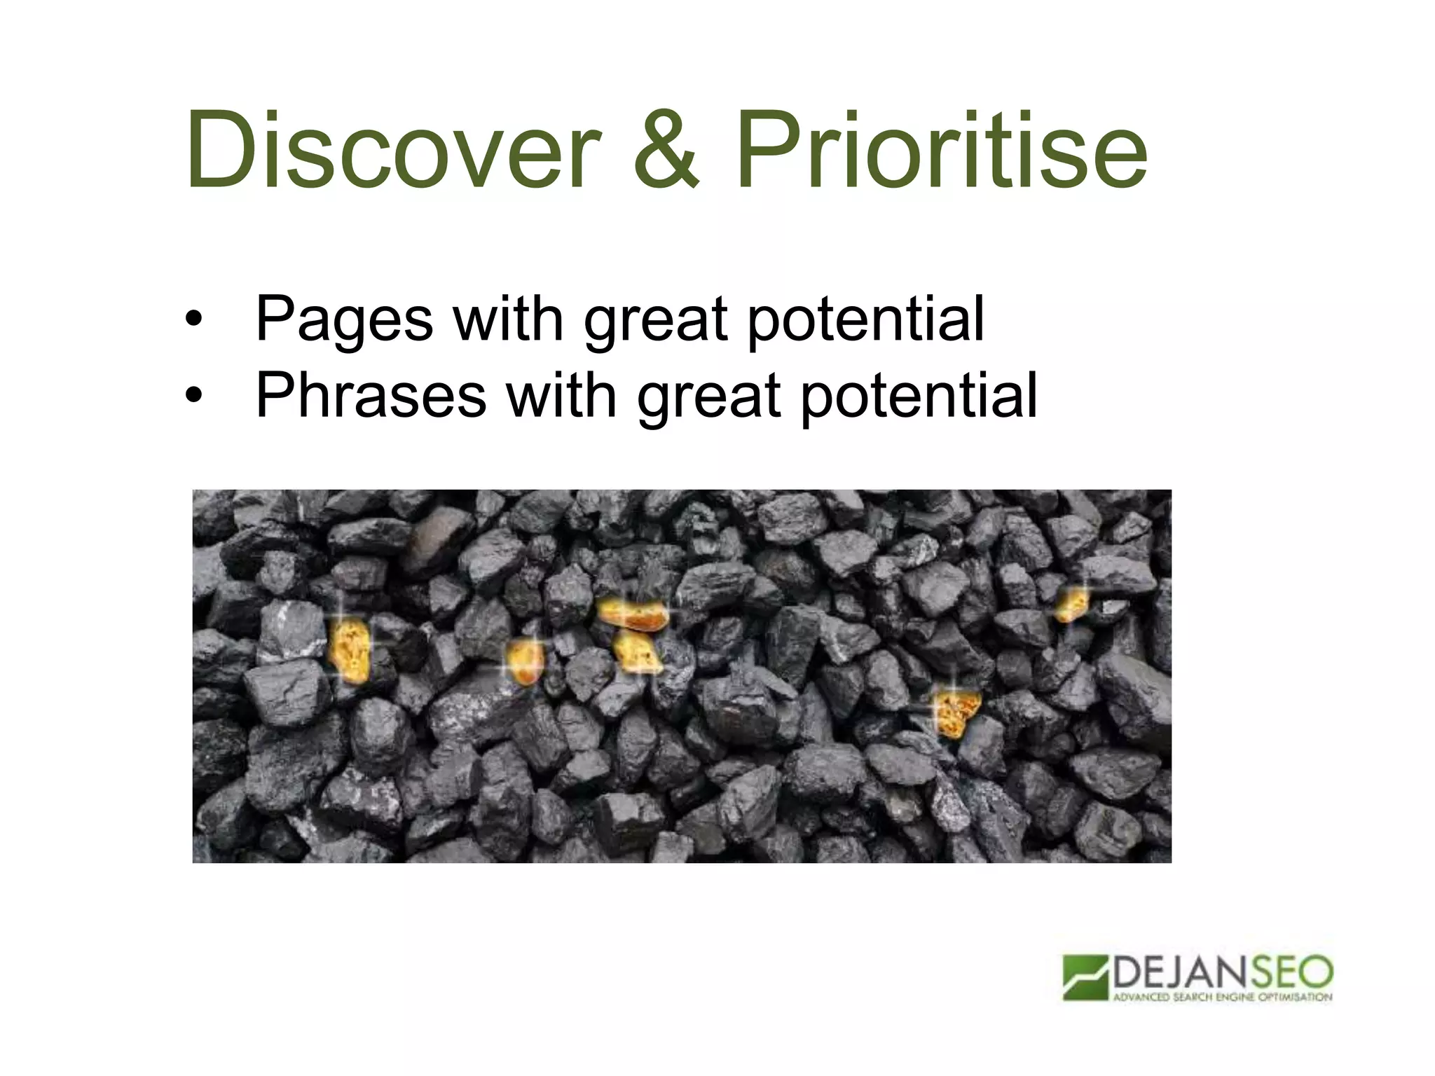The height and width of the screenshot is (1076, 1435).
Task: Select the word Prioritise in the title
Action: (x=941, y=151)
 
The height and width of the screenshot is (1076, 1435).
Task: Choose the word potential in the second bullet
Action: (x=919, y=397)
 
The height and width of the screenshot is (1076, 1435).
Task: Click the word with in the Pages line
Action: (x=508, y=319)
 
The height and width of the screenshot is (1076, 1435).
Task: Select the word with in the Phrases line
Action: (x=561, y=396)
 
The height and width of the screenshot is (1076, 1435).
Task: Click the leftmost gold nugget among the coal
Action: (x=350, y=649)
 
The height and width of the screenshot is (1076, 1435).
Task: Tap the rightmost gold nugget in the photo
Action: (x=1071, y=604)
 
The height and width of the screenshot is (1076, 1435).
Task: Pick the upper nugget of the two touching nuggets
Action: (x=632, y=614)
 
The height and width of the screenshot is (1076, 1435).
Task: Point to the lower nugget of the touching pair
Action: (x=638, y=652)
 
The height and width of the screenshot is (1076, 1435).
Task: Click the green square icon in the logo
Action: (x=1085, y=977)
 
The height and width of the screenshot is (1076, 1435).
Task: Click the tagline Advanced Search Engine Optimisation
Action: (x=1222, y=997)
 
